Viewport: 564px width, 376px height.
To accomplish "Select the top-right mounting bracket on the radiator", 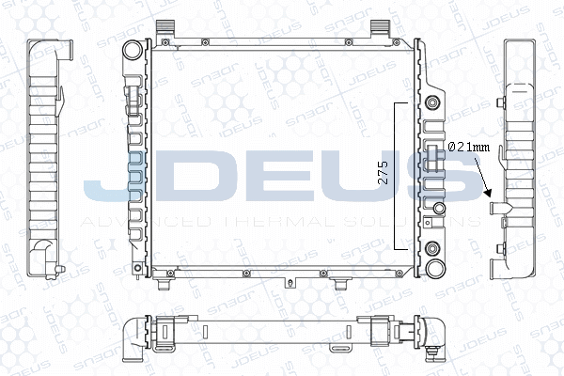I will point(380,27).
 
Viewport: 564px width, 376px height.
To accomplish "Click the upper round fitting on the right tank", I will point(433,102).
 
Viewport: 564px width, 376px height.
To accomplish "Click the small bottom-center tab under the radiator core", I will point(287,281).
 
